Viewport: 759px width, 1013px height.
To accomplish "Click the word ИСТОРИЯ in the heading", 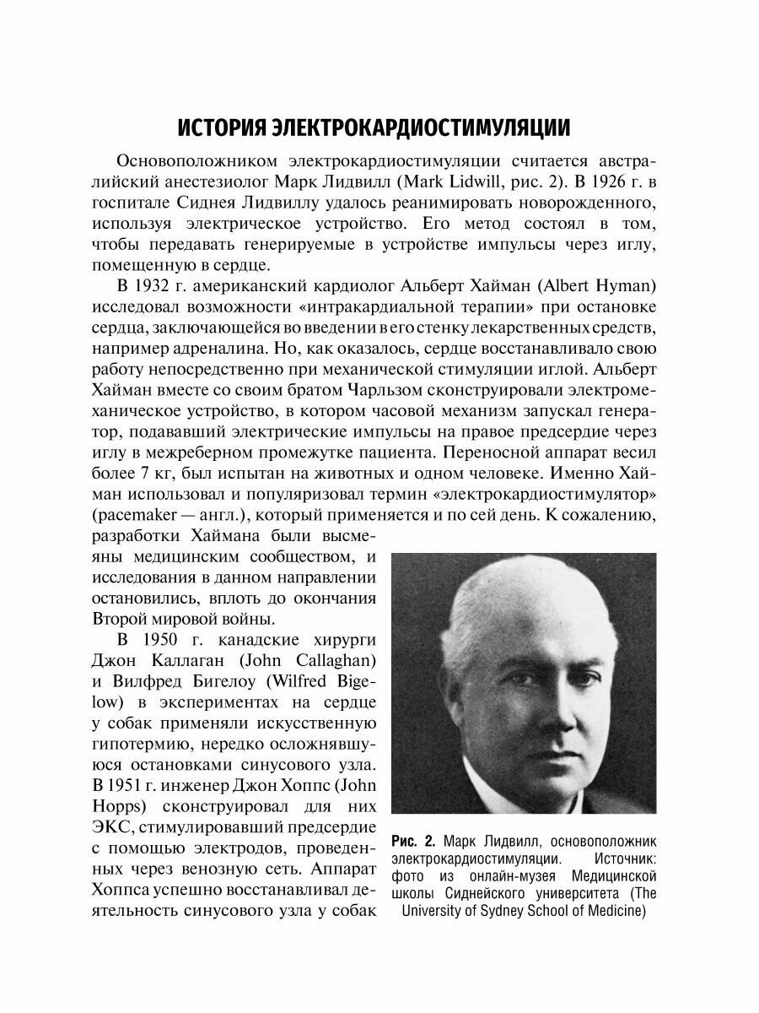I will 221,127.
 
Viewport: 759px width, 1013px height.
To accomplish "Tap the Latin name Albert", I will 555,281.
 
